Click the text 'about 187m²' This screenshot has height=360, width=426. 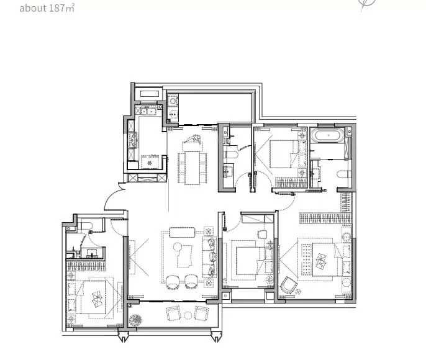coord(47,8)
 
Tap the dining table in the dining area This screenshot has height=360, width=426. coord(193,168)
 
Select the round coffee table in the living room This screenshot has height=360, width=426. coord(178,247)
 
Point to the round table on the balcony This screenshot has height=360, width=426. coord(188,315)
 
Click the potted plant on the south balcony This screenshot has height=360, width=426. coord(135,320)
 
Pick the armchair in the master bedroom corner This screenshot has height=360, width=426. coord(289,285)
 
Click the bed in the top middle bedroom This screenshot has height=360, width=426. coord(284,154)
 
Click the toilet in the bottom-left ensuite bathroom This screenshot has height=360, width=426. coord(87,225)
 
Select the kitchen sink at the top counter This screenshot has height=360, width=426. coord(148,110)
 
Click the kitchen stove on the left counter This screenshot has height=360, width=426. coord(132,140)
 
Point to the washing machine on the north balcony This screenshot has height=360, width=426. coord(173,101)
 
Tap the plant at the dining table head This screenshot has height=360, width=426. coord(193,138)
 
